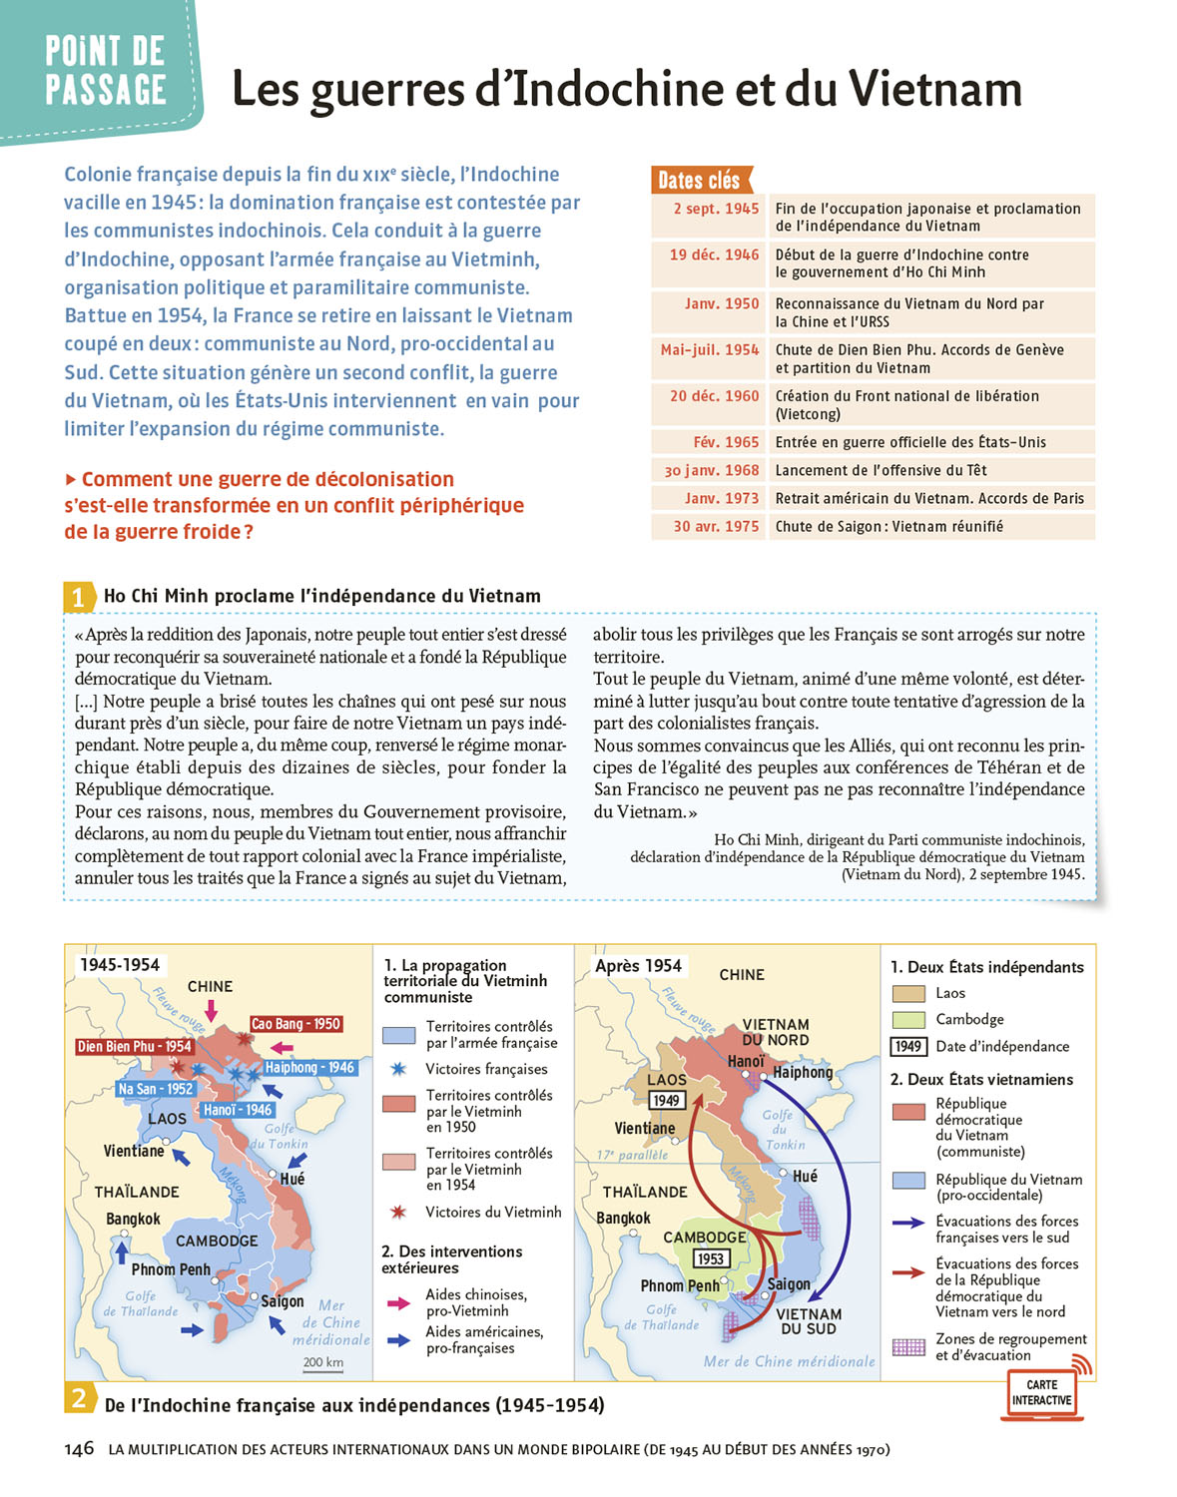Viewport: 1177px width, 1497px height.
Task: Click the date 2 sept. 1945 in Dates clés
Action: (716, 209)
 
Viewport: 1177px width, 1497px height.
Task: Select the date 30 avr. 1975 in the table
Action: (716, 526)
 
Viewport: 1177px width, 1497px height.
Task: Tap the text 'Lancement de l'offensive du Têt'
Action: (881, 470)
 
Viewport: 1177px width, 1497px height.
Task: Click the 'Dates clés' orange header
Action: (699, 181)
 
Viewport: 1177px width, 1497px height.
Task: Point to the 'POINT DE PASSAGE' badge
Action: (105, 70)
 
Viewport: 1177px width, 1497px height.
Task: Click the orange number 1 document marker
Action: (79, 597)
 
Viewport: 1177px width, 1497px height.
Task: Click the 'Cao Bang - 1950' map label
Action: (295, 1024)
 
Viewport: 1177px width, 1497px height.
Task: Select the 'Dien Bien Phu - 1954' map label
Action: (135, 1046)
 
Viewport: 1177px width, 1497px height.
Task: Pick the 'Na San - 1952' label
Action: (155, 1089)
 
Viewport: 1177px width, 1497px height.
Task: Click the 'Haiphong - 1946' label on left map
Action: (309, 1067)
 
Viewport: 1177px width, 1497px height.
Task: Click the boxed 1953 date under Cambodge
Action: (710, 1258)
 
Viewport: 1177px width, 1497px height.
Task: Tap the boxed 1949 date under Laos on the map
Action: (666, 1100)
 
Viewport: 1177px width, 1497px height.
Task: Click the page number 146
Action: (79, 1448)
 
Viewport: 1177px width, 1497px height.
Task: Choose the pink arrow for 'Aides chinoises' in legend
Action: (398, 1302)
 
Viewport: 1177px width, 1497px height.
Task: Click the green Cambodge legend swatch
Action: (908, 1020)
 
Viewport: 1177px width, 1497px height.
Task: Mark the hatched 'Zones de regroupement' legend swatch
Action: (908, 1347)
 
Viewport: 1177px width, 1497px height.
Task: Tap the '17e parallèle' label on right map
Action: (632, 1155)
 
